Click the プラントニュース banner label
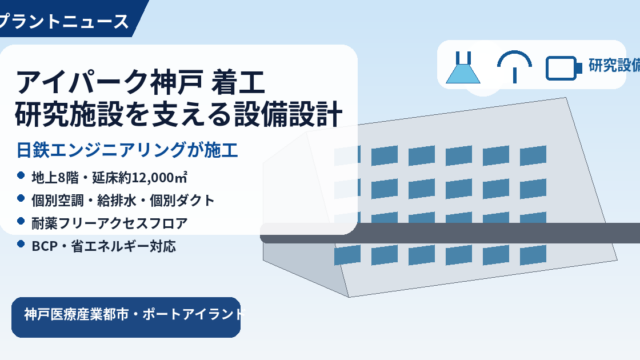[64, 21]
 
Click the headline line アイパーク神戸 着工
[140, 82]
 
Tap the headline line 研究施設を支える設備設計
[178, 115]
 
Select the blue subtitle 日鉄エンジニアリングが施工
[127, 150]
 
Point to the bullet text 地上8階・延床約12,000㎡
[109, 178]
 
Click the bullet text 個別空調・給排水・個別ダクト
[123, 200]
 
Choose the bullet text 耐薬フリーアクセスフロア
[109, 223]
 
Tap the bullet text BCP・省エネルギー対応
[104, 246]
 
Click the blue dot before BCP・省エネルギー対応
[21, 244]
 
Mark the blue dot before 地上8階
[21, 176]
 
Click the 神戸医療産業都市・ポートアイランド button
[126, 317]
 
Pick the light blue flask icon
[463, 68]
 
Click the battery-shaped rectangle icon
[564, 68]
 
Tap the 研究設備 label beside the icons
[614, 65]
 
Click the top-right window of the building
[533, 156]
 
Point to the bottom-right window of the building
[533, 255]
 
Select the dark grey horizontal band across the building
[450, 233]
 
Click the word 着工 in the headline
[238, 82]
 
